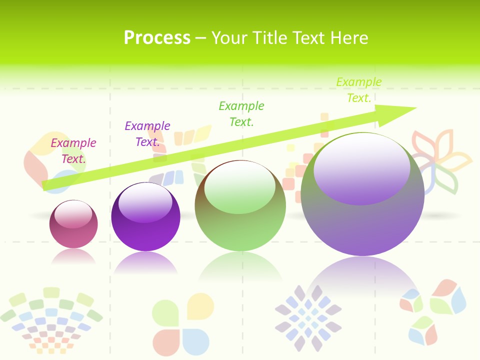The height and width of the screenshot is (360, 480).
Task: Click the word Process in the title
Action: [x=157, y=38]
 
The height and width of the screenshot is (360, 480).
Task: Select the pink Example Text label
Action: [x=73, y=151]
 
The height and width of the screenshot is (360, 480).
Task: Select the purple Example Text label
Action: [x=147, y=134]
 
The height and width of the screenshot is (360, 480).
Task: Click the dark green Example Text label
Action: [x=241, y=114]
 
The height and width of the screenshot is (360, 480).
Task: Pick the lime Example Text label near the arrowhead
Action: [x=358, y=90]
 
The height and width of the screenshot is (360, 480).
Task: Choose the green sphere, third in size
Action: [x=240, y=220]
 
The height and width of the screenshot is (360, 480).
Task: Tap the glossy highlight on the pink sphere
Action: [x=73, y=214]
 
